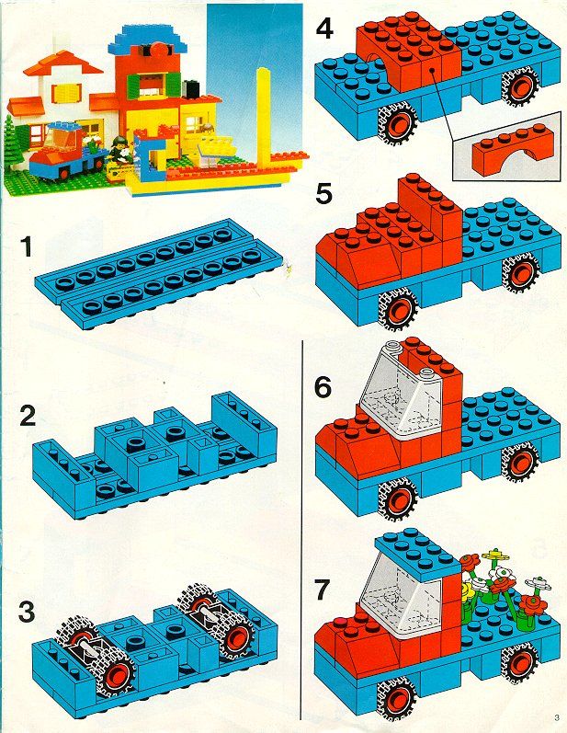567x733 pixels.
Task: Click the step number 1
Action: click(27, 246)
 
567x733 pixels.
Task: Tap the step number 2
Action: click(28, 415)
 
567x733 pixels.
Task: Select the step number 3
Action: click(27, 612)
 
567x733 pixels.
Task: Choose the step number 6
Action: click(323, 387)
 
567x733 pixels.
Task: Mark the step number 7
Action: click(323, 590)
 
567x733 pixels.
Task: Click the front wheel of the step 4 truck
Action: click(397, 123)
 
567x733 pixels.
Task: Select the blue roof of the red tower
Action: click(147, 40)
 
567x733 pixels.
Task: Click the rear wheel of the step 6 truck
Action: click(520, 464)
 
